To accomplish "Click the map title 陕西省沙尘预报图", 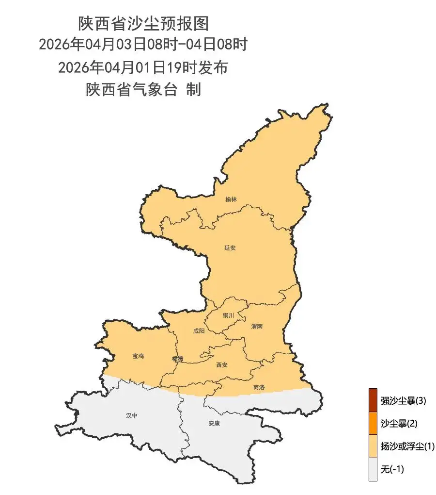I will tap(143, 23).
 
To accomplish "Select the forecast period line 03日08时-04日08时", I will tap(143, 45).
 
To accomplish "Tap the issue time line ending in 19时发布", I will tap(143, 67).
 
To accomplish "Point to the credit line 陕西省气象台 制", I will tap(143, 90).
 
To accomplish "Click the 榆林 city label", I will tap(231, 199).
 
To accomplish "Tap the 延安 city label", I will tap(230, 247).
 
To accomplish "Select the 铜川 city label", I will tap(228, 315).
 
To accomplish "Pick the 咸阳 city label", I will tap(199, 331).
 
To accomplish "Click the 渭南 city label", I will tap(257, 327).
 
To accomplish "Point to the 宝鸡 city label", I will tap(138, 356).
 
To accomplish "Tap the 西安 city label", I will tap(222, 364).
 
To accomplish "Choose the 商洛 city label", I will tap(259, 387).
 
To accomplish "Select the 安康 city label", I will tap(214, 423).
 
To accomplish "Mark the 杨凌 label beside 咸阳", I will tap(178, 359).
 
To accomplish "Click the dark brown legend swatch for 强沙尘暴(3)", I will tap(373, 400).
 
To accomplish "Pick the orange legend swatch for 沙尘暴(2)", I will tap(373, 423).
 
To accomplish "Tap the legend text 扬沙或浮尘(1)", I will tap(407, 446).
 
